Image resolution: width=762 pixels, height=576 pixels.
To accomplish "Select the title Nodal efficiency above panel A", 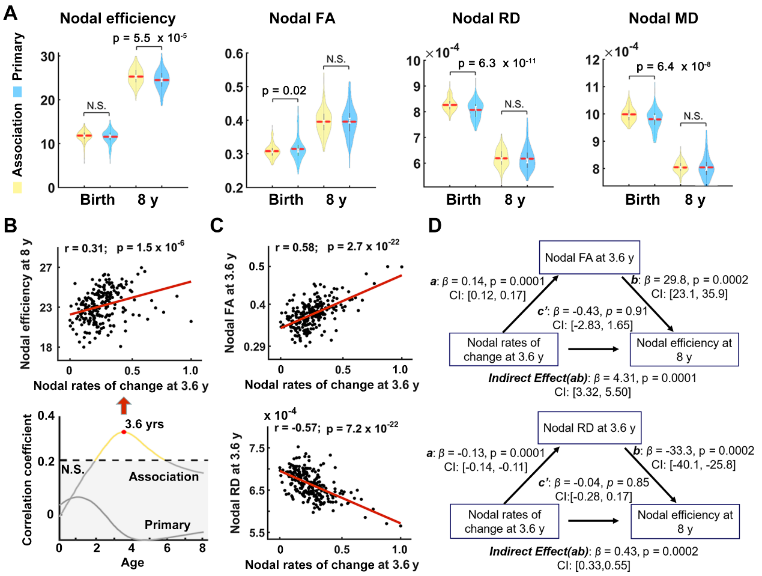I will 118,19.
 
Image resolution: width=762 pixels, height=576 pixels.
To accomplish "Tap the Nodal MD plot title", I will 663,19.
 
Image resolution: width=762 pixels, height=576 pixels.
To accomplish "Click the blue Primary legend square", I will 17,91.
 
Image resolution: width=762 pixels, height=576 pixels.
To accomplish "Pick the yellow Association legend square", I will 17,187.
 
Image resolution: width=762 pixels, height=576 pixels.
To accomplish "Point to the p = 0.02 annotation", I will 284,91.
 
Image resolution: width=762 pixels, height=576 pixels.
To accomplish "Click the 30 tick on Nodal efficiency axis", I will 47,56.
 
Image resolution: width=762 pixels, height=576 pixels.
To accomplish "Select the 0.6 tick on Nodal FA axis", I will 234,54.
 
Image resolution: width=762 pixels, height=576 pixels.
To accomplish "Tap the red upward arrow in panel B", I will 124,405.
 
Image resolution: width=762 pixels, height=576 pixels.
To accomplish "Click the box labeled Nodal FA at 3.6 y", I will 589,258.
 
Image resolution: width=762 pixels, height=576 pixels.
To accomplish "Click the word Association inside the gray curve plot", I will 163,477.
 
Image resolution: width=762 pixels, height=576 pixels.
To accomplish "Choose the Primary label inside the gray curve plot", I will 167,525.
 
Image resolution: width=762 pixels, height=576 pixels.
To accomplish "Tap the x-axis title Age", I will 132,563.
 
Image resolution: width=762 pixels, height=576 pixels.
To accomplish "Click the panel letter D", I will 435,225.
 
